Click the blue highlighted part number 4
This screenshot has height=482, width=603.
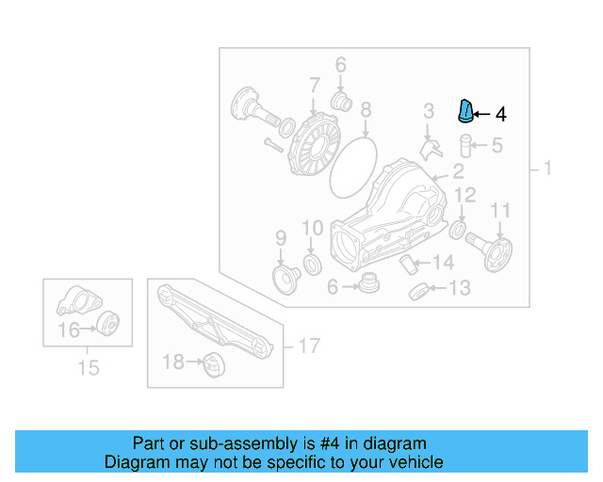click(x=464, y=112)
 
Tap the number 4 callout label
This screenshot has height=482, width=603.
click(x=501, y=115)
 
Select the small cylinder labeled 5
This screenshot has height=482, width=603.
click(x=464, y=146)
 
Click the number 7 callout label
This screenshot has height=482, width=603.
click(x=313, y=86)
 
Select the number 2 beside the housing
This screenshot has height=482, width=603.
click(x=458, y=171)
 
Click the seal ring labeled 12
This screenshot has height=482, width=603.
click(x=458, y=230)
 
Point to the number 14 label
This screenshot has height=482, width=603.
click(x=444, y=263)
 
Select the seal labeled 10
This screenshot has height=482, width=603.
click(x=311, y=262)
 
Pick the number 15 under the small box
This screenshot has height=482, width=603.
click(x=88, y=368)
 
